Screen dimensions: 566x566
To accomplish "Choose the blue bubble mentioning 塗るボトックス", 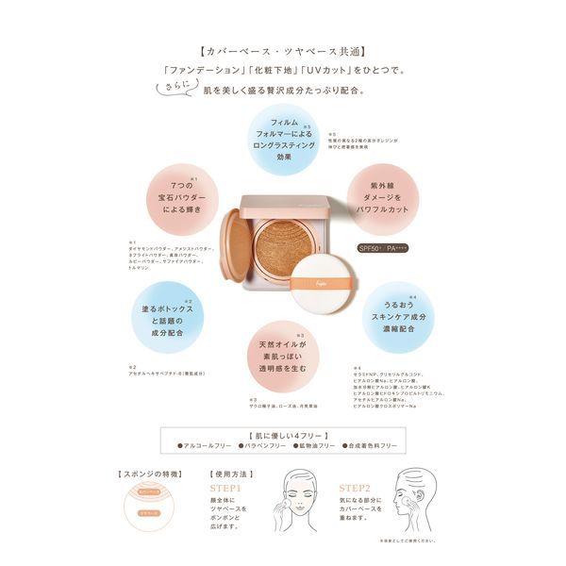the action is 171,319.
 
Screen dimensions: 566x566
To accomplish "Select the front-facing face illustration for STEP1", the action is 298,504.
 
